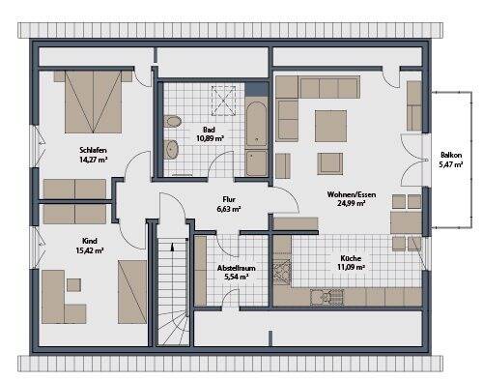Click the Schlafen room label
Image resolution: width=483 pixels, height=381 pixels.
93,151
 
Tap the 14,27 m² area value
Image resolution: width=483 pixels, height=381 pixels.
93,161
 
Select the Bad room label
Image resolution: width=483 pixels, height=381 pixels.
210,129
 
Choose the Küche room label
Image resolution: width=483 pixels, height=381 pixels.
352,256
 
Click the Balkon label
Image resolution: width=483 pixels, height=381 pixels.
451,155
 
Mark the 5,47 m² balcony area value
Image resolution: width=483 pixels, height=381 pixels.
451,165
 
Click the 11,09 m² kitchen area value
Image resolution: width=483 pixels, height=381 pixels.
352,267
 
